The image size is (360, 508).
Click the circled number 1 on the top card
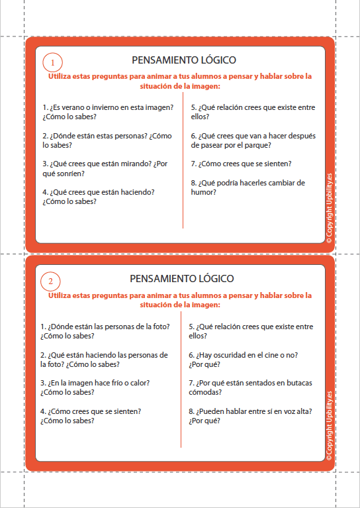52,63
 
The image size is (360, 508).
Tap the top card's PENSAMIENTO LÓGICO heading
184,60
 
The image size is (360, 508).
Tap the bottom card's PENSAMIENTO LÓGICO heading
181,279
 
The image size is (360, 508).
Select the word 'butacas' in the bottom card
297,383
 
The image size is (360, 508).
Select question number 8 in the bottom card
250,415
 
